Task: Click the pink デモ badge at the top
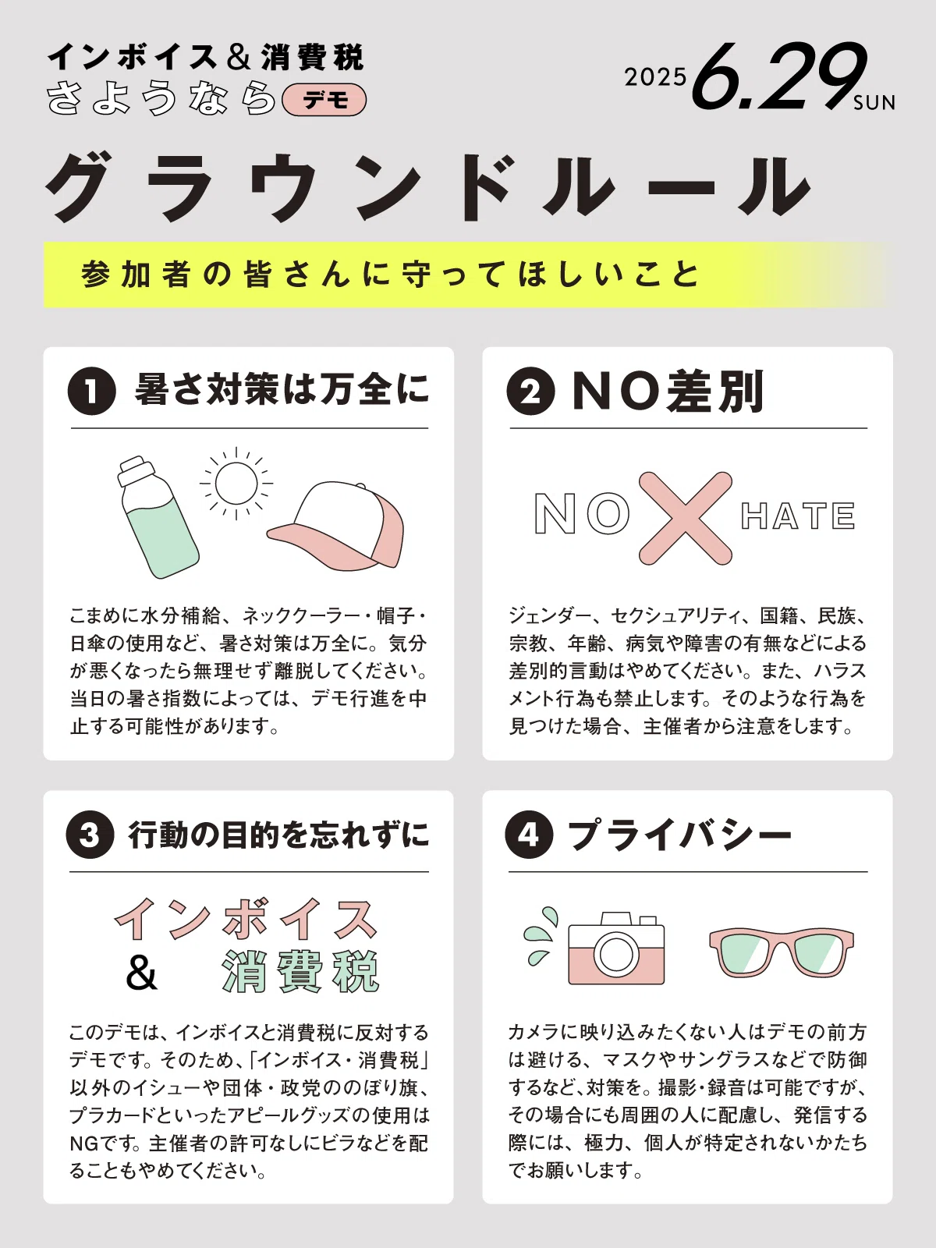(324, 100)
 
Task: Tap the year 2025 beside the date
(655, 77)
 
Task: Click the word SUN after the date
(874, 103)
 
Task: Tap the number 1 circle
(91, 392)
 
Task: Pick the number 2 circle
(530, 392)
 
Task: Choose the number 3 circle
(90, 835)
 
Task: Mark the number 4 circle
(529, 835)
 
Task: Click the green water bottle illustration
(157, 517)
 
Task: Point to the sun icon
(236, 484)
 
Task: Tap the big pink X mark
(686, 518)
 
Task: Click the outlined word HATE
(798, 516)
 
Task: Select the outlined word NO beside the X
(582, 514)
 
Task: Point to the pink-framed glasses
(782, 953)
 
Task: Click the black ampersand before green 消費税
(141, 972)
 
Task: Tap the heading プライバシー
(679, 835)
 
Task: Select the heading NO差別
(668, 392)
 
